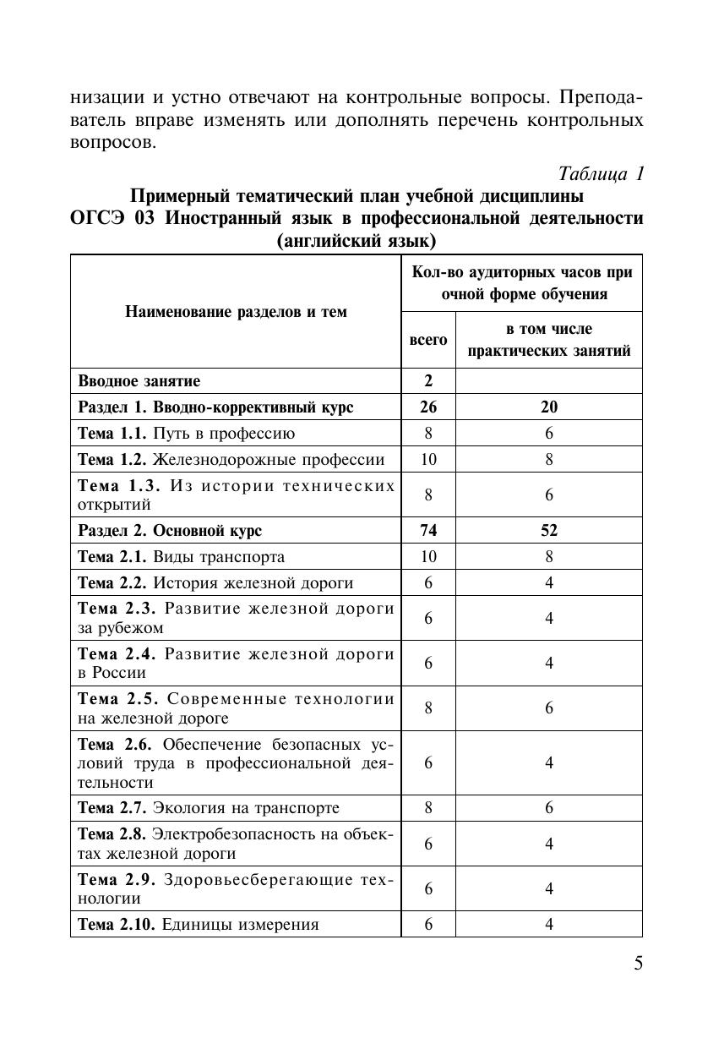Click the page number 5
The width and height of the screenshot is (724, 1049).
(638, 964)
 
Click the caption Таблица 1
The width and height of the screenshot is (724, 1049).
(602, 173)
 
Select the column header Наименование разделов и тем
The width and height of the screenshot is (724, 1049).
(236, 311)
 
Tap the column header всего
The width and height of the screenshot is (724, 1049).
(428, 339)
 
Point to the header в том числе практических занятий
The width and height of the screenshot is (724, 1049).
(548, 340)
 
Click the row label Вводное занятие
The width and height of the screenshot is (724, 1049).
(139, 381)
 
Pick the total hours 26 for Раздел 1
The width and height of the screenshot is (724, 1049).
(428, 407)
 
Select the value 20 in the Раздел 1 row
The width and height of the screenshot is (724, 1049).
(548, 407)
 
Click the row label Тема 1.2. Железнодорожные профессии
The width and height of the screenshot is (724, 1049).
(231, 459)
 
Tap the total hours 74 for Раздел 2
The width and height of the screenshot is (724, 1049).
(428, 531)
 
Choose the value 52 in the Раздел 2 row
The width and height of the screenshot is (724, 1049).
(548, 531)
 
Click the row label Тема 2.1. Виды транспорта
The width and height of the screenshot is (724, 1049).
(181, 557)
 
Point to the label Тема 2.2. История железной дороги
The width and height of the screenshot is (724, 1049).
(215, 582)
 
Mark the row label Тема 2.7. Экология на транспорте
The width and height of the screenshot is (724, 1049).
(209, 807)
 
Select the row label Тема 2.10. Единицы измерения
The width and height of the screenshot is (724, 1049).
(199, 924)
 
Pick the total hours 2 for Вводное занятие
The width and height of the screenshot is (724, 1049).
(428, 381)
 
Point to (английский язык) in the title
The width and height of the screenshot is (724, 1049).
(356, 242)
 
